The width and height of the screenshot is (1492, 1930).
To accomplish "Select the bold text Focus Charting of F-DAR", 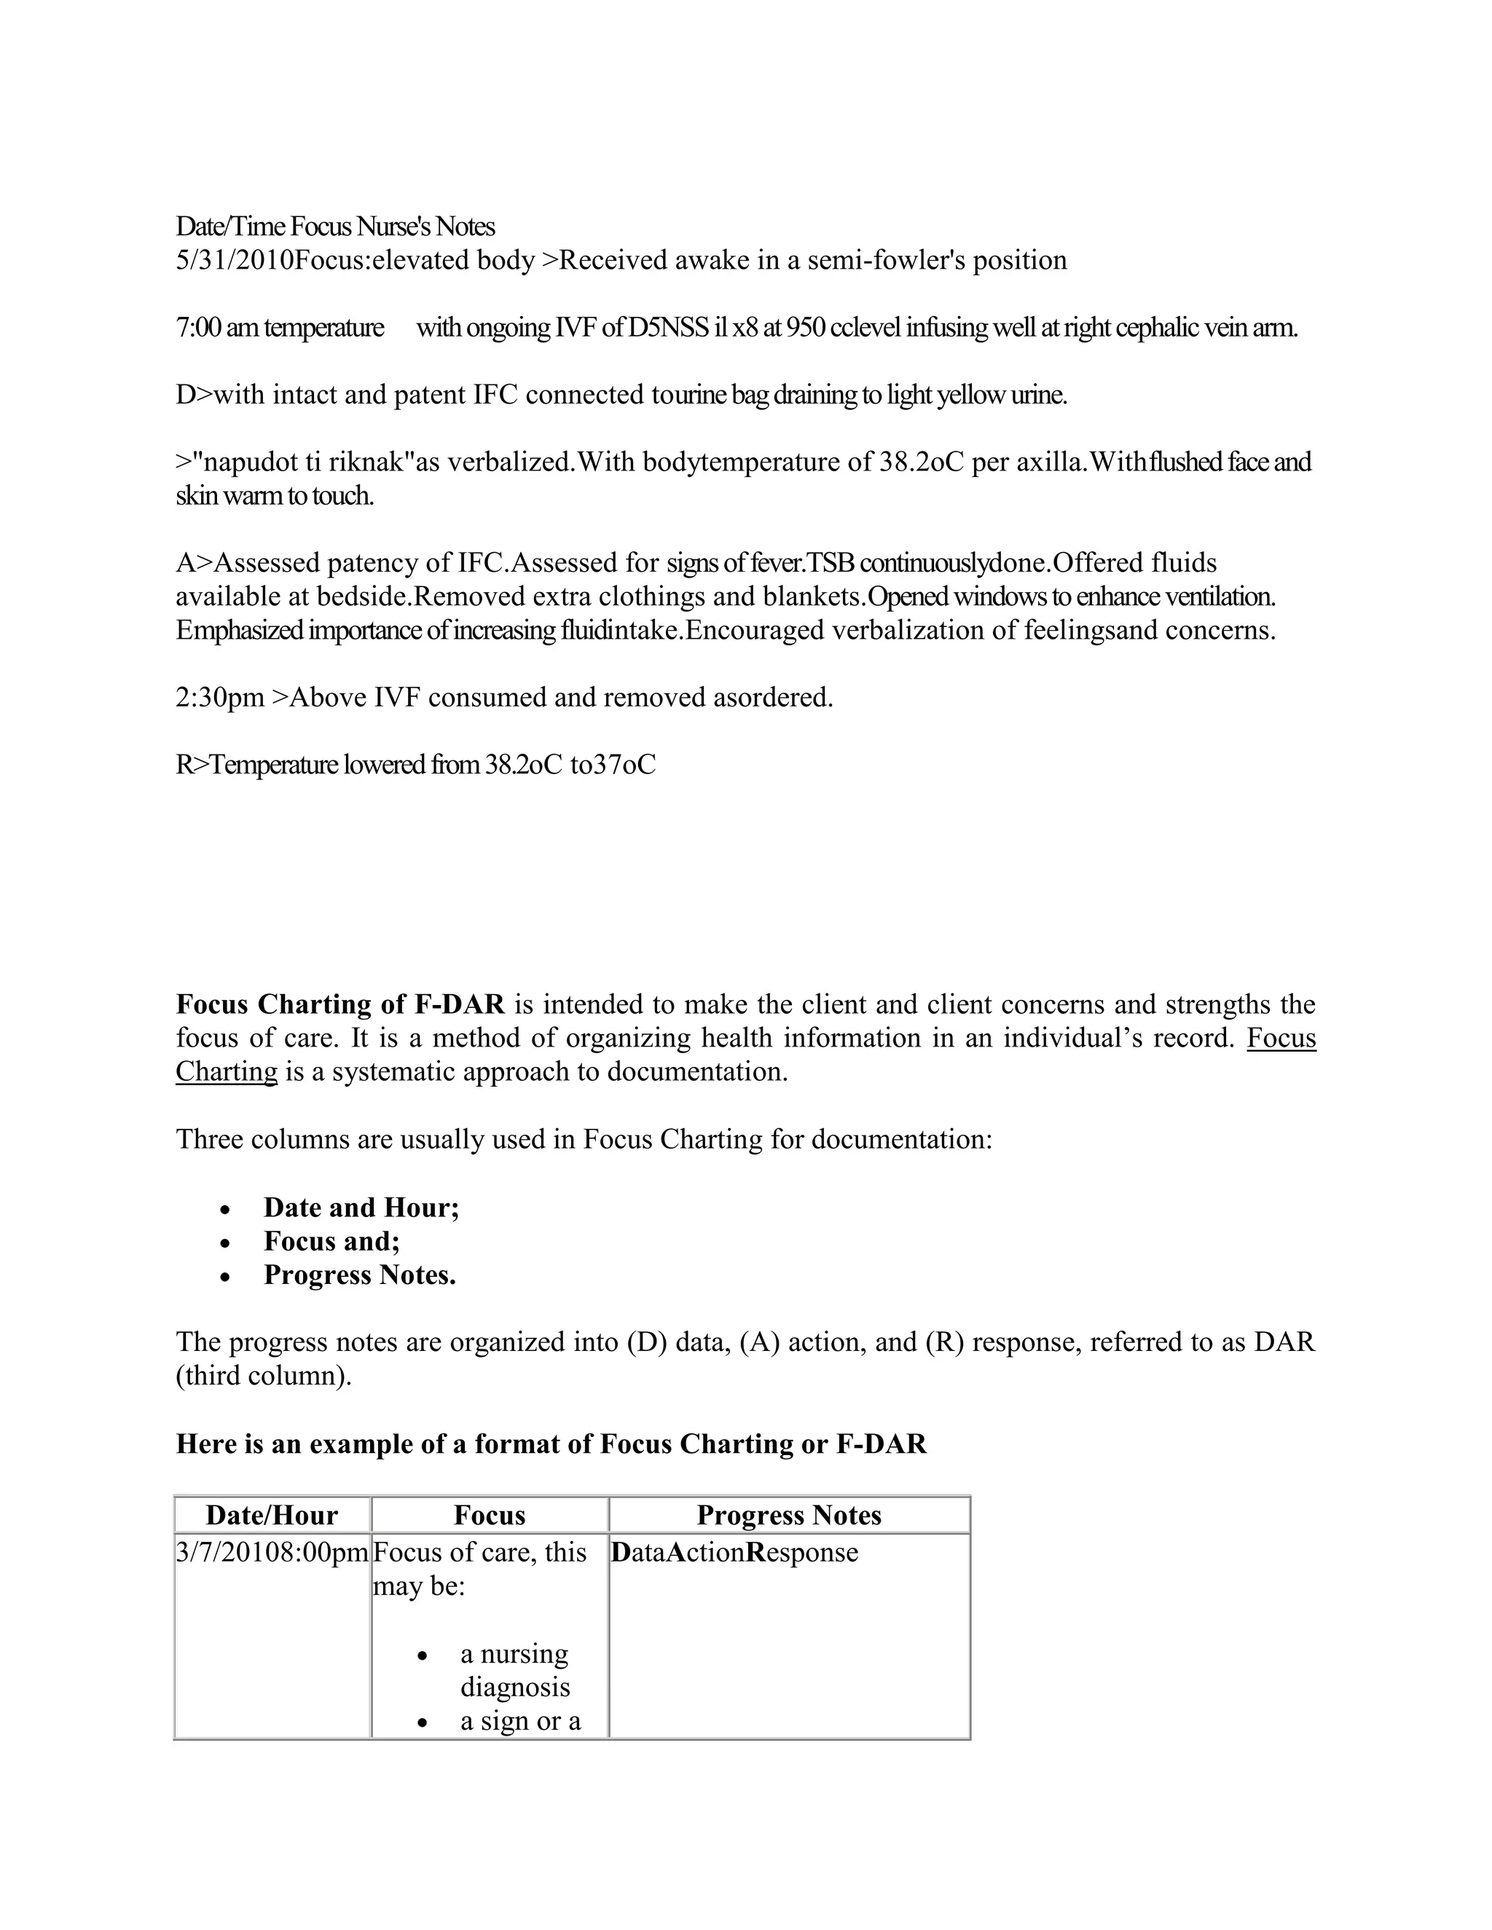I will click(x=340, y=1005).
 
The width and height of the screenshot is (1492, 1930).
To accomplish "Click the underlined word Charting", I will click(x=227, y=1072).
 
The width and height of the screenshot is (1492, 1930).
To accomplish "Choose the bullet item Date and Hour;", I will click(x=361, y=1208).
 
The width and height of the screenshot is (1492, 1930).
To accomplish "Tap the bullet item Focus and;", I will click(x=331, y=1242).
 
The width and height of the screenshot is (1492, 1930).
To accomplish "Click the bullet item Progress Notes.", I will click(x=359, y=1275).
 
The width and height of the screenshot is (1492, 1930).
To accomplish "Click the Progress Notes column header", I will click(x=788, y=1516).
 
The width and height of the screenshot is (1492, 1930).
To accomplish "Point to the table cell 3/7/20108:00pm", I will click(x=271, y=1553).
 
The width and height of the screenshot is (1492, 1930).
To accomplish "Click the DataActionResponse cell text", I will click(x=734, y=1553).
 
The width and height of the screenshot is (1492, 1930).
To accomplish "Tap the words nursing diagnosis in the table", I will click(x=514, y=1671).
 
